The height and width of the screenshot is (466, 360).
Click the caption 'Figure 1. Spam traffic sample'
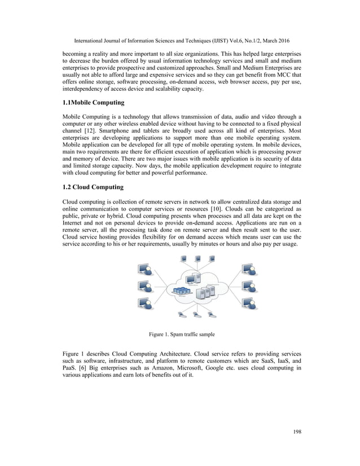pos(180,335)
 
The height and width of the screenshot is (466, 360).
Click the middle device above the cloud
pos(197,260)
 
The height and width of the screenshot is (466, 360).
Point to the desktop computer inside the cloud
pos(192,278)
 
